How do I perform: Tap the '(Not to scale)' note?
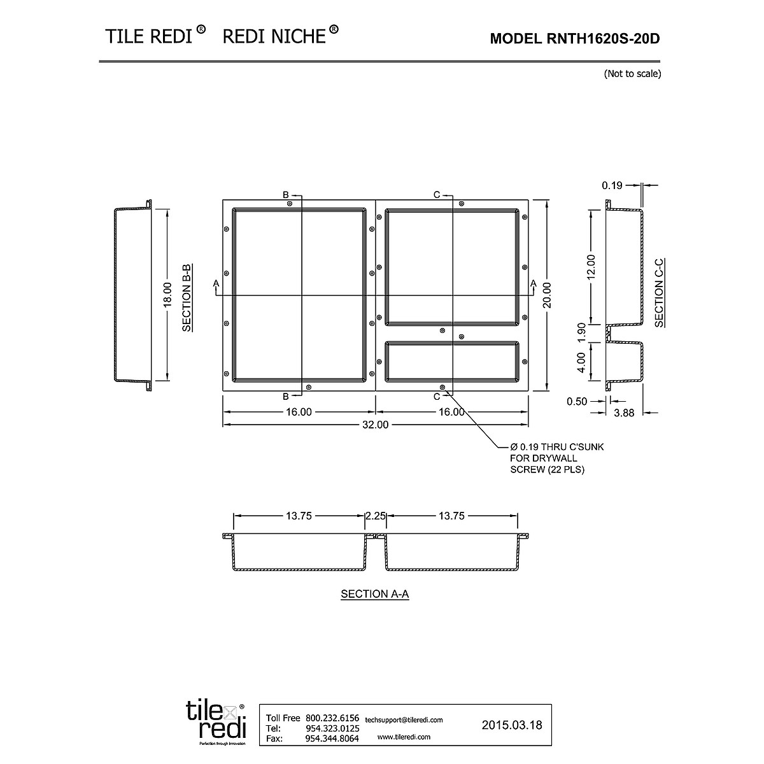tap(632, 73)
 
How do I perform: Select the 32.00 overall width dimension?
tap(375, 425)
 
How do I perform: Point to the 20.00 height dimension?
tap(547, 295)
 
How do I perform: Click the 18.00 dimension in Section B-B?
tap(167, 295)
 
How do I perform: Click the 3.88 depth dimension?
tap(624, 413)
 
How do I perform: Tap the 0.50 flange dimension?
tap(577, 401)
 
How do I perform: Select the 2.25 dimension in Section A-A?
tap(376, 516)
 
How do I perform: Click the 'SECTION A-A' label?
tap(374, 594)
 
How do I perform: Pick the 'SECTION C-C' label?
tap(659, 292)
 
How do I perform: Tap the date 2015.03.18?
tap(512, 725)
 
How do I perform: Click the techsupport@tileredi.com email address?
tap(404, 719)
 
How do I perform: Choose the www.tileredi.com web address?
tap(404, 737)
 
